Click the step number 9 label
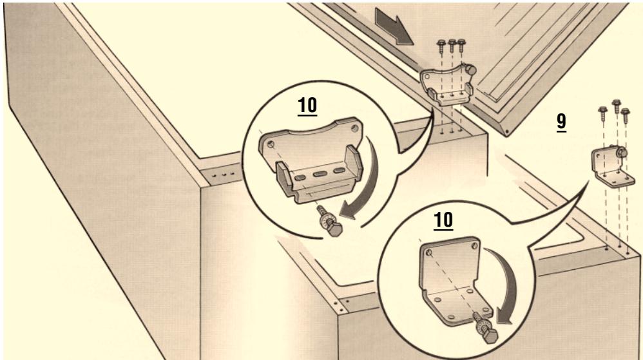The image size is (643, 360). click(x=562, y=123)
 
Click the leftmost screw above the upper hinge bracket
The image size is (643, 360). click(x=441, y=46)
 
